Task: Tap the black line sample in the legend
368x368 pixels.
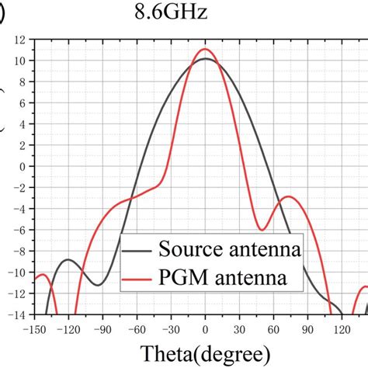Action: tap(140, 251)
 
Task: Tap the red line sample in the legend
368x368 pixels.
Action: tap(140, 277)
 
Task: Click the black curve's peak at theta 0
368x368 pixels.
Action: tap(205, 58)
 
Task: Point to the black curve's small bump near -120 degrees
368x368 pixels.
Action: tap(68, 260)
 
